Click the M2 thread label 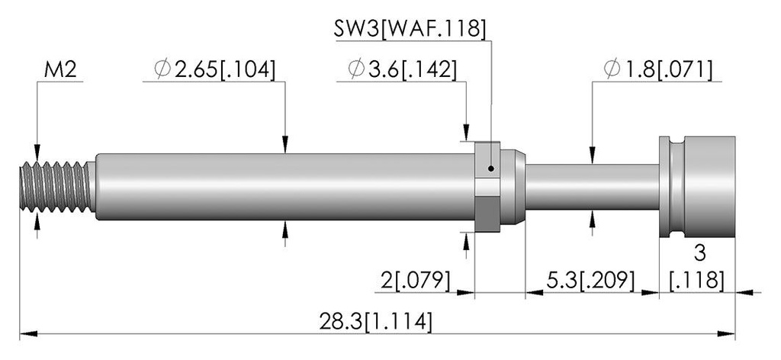[x=60, y=70]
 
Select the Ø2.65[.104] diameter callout [x=214, y=70]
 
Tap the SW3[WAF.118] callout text [x=410, y=30]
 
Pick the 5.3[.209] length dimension [x=590, y=281]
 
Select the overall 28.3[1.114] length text [x=375, y=322]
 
